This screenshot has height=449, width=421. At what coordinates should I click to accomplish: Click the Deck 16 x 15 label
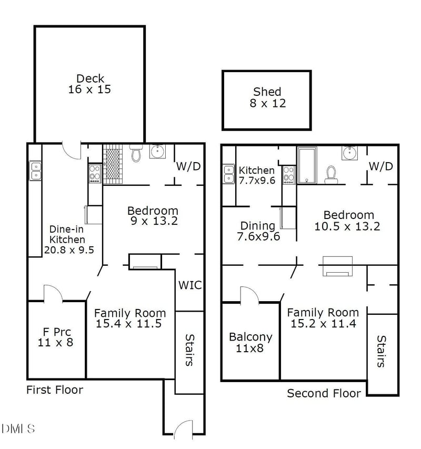tap(89, 84)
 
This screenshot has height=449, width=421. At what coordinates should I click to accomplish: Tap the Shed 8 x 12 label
tap(267, 97)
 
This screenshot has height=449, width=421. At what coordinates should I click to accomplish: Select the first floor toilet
tap(136, 153)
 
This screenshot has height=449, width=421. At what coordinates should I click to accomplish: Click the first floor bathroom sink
tap(157, 151)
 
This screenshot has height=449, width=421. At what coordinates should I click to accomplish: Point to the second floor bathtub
tap(307, 165)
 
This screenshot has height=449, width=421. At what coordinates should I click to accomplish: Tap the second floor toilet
tap(331, 175)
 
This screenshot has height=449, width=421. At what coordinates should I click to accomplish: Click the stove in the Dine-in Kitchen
tap(95, 174)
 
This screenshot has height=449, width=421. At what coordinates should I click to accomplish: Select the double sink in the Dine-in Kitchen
tap(35, 171)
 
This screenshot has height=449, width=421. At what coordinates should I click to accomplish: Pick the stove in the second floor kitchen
tap(288, 175)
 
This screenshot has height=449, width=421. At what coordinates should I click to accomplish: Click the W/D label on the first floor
tap(188, 166)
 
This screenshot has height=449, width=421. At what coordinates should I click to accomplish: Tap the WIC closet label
tap(190, 285)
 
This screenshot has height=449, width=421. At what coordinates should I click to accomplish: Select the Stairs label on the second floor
tap(381, 351)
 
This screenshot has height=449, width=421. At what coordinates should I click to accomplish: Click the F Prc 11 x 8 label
tap(56, 337)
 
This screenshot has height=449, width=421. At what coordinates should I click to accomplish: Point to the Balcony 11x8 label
tap(250, 343)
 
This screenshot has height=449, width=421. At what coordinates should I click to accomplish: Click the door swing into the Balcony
tap(249, 295)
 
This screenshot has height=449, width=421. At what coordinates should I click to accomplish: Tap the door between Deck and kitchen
tap(72, 151)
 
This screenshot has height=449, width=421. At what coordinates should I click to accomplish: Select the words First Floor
tap(55, 390)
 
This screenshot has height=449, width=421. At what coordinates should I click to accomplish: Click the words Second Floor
tap(324, 393)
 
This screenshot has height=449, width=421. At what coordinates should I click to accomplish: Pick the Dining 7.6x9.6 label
tap(258, 231)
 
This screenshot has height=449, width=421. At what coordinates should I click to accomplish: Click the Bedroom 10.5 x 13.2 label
tap(347, 221)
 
